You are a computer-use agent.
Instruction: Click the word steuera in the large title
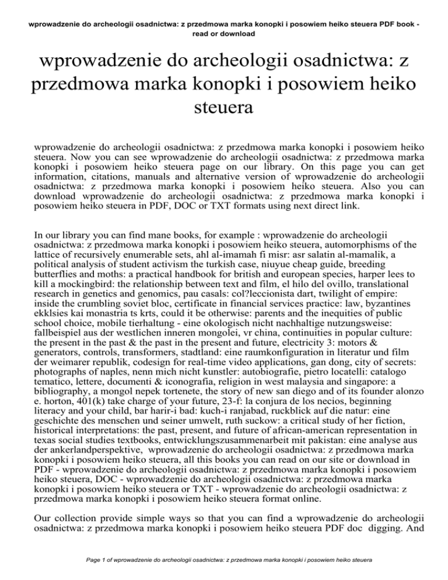pos(224,109)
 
